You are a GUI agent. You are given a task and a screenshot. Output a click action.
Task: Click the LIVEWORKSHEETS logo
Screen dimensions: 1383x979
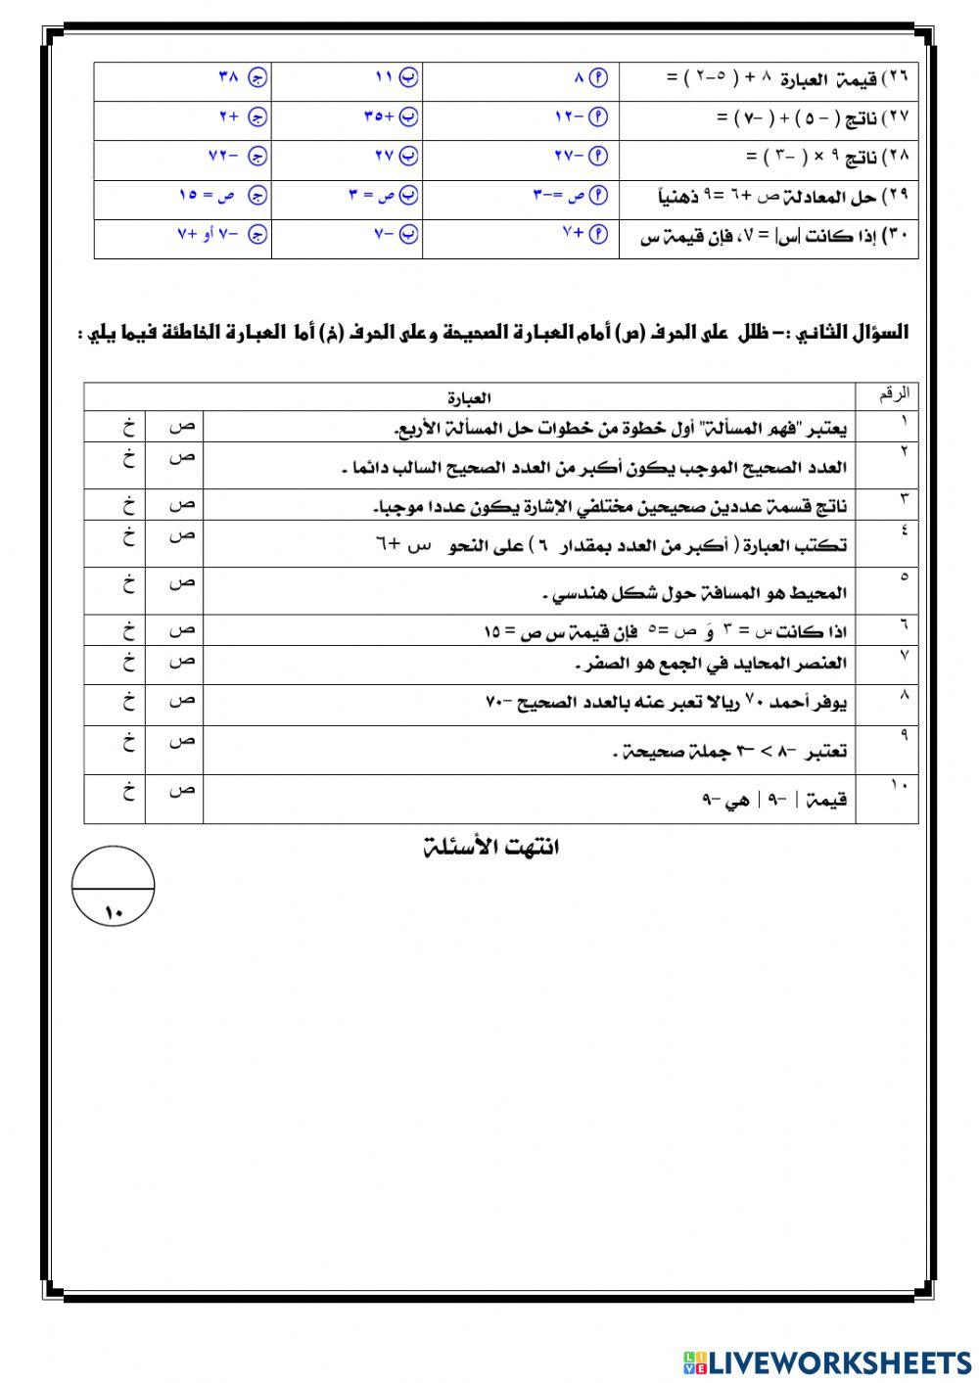[827, 1361]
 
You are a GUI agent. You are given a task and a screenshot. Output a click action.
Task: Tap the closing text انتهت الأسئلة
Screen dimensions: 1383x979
[490, 847]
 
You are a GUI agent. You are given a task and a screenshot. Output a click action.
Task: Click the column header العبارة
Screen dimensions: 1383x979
[469, 398]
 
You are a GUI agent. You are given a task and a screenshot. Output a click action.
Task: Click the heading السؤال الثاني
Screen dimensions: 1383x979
[853, 333]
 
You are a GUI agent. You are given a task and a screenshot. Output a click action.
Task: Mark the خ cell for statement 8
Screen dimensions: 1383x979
[128, 701]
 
